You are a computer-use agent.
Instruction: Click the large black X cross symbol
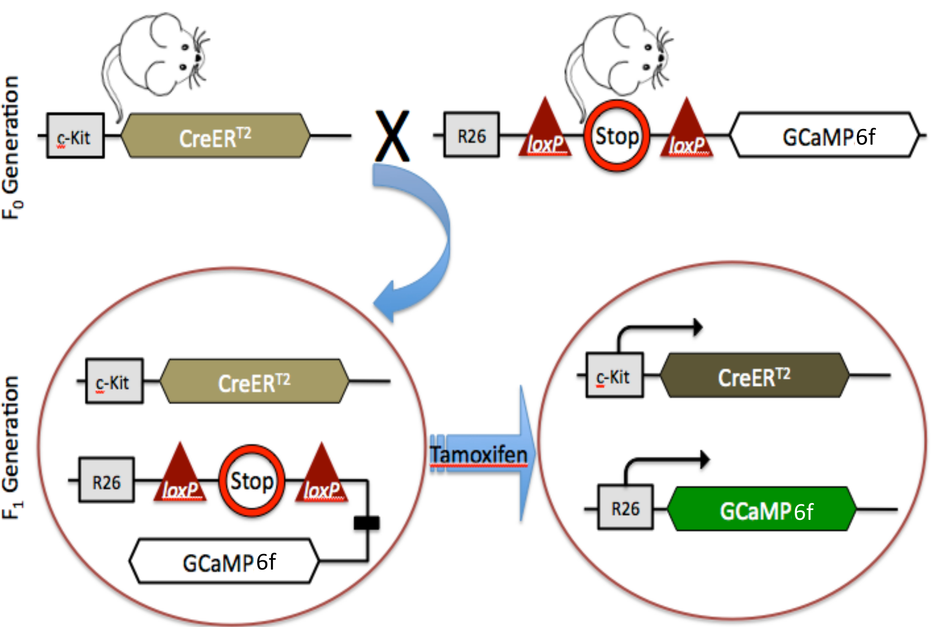392,136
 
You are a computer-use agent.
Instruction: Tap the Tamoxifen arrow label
479,454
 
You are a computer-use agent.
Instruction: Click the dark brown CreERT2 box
754,376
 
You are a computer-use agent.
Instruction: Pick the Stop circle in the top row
616,136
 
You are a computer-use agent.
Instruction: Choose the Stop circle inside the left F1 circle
252,481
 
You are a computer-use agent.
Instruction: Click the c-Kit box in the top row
75,136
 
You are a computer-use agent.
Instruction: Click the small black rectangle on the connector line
366,523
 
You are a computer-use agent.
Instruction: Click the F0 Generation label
12,148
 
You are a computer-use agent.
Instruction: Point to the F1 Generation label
12,447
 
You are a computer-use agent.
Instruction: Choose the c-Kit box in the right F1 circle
615,375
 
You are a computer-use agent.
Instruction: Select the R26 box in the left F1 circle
107,480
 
